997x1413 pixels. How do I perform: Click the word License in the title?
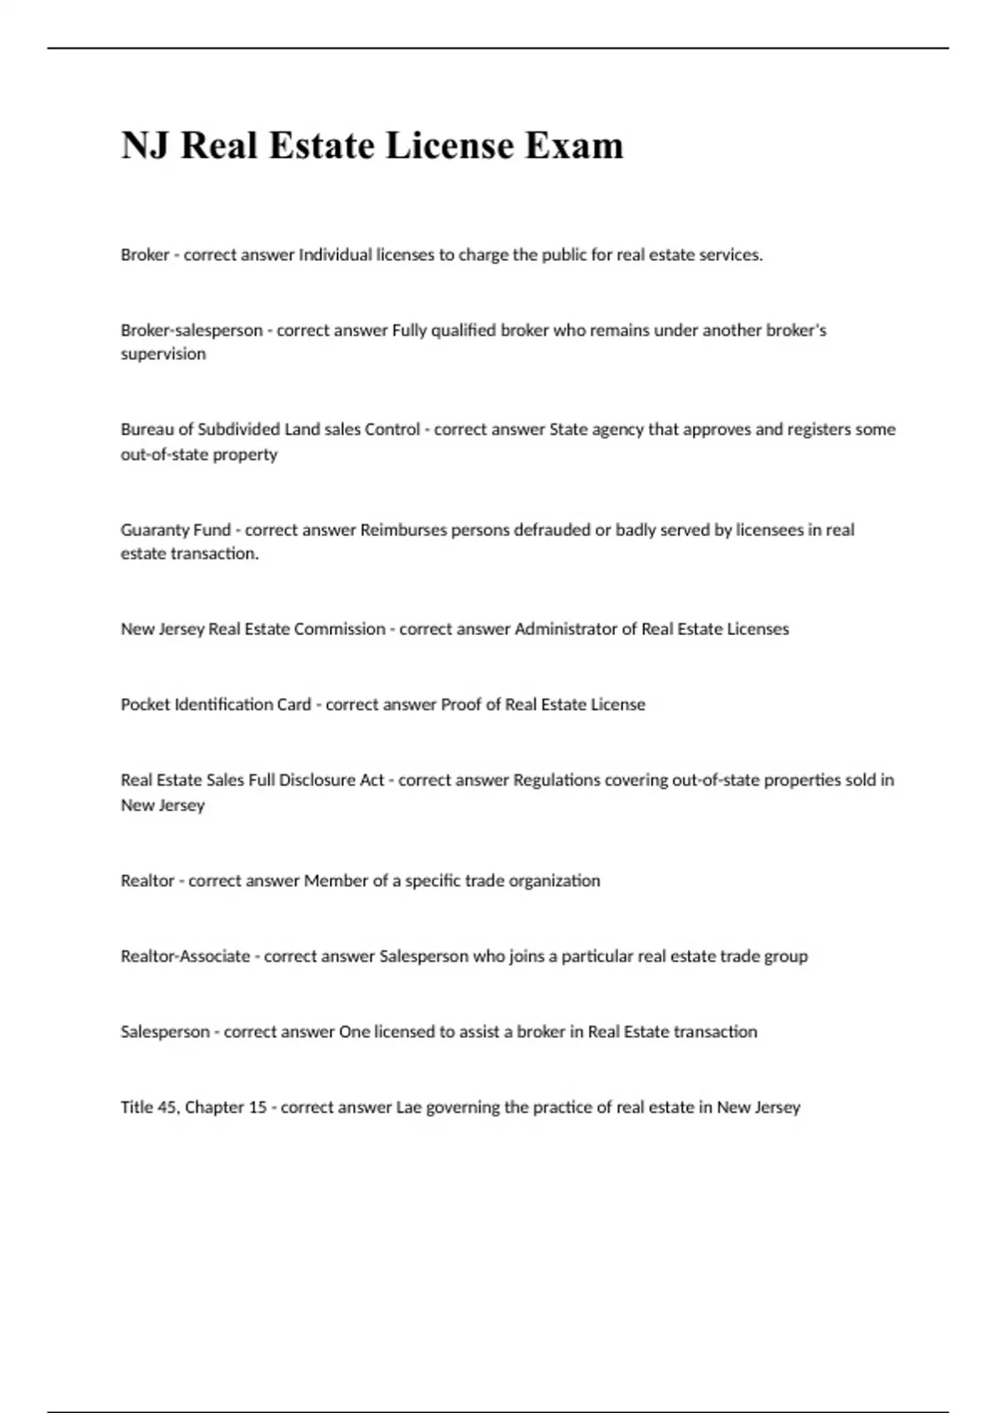coord(449,145)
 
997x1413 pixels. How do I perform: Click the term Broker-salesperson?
coord(191,330)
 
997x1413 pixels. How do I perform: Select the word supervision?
coord(163,354)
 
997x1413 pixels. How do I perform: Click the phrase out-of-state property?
coord(199,455)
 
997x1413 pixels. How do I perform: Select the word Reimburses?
coord(403,530)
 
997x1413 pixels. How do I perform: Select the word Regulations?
coord(557,780)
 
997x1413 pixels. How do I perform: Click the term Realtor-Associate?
coord(185,957)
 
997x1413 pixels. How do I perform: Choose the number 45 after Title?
coord(166,1108)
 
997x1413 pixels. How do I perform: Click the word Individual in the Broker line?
coord(335,255)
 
